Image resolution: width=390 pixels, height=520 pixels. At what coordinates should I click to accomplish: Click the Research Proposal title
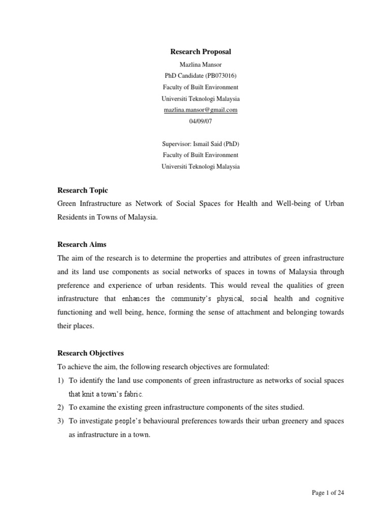point(200,52)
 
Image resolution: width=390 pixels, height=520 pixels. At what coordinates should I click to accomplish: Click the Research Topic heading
point(83,190)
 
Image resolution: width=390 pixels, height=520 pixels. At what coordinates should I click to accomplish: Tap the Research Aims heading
point(81,244)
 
